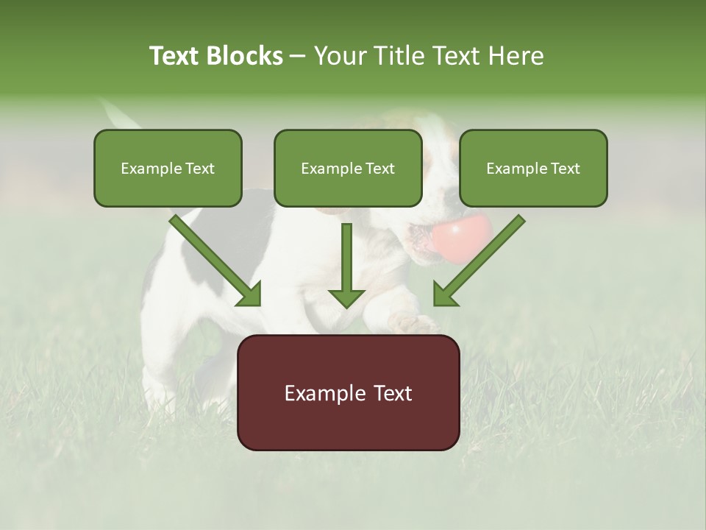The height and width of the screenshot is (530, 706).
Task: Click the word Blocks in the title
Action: [244, 56]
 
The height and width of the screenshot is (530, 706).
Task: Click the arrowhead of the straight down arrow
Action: [346, 298]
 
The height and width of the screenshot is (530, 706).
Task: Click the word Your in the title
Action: [340, 56]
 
